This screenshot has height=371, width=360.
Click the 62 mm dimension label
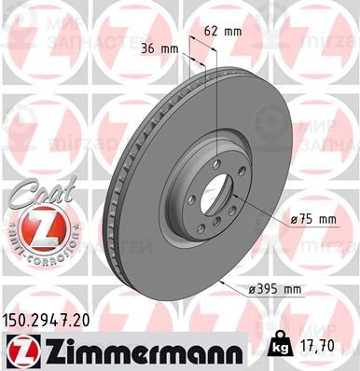tap(223, 31)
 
